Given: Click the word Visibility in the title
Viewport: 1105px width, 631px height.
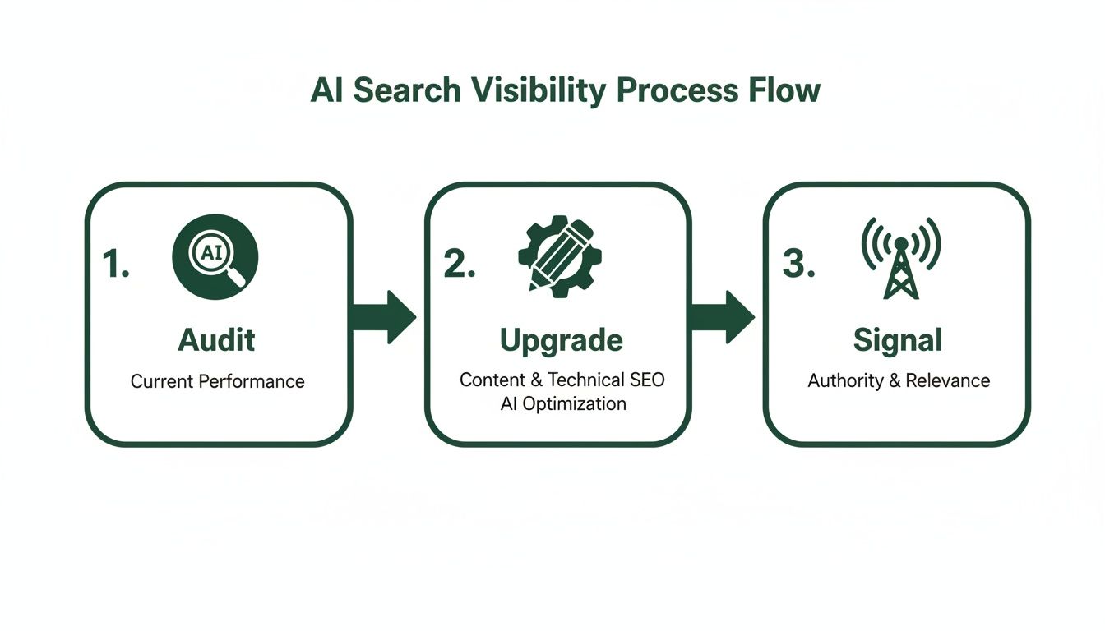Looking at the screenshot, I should point(538,91).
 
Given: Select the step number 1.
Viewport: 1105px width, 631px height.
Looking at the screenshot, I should point(115,264).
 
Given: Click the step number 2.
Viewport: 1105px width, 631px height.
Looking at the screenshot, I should point(459,264).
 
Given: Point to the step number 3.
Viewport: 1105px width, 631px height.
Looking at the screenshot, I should point(798,264).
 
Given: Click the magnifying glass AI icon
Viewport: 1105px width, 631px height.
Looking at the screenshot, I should point(215,256).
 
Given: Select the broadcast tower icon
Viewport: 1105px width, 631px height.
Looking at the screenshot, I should point(900,256).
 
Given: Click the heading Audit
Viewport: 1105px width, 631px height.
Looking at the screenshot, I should point(217,339).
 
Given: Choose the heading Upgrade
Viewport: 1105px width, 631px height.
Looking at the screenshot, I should point(561,339).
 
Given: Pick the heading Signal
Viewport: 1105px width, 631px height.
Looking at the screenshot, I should point(898,339).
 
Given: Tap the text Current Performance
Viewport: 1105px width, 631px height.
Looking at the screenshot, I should point(217,382).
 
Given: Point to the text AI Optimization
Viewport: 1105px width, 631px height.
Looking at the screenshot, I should point(562,403).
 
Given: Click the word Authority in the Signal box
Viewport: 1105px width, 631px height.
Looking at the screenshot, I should point(844,380).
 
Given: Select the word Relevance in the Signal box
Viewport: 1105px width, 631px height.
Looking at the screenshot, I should point(948,380).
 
